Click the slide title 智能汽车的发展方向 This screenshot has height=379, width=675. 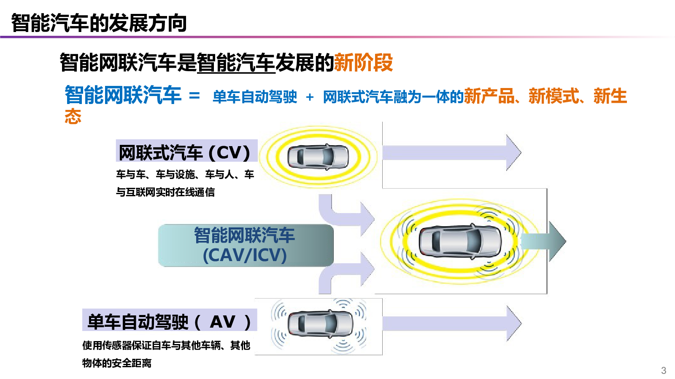(99, 23)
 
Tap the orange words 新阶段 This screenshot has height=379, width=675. (364, 63)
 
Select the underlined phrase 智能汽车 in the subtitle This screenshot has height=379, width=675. (236, 63)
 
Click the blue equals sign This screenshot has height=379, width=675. (194, 96)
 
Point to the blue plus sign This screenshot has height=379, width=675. (310, 97)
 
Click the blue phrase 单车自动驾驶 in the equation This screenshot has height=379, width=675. (255, 97)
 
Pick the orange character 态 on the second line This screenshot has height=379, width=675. (73, 116)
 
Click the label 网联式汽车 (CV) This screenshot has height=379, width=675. (184, 152)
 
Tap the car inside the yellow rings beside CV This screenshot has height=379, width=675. (318, 157)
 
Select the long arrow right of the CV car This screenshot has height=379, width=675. (452, 152)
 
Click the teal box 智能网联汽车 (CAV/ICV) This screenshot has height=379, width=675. (246, 245)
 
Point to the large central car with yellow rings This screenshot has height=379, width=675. (460, 241)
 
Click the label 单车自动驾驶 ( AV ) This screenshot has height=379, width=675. (169, 322)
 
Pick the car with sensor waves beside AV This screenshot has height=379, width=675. (320, 324)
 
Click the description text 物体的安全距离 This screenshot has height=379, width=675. (116, 363)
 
